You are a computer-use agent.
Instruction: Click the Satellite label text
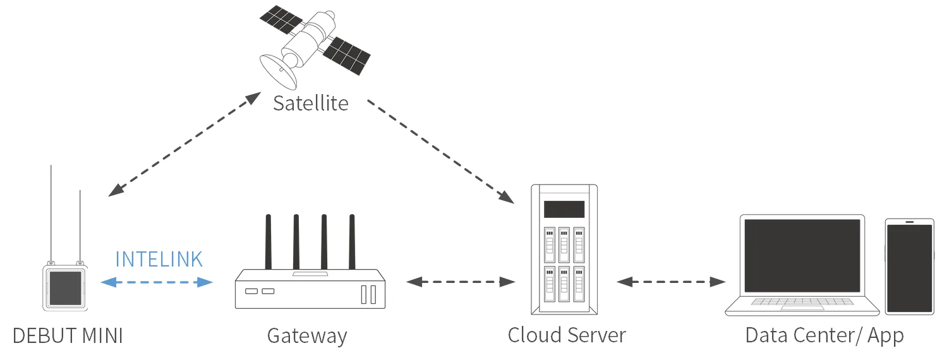310,102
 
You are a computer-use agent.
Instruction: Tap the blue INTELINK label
159,259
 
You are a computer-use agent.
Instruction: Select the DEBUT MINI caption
68,335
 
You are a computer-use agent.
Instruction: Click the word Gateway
307,335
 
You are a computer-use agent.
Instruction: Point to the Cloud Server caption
567,335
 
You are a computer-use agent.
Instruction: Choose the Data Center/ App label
824,335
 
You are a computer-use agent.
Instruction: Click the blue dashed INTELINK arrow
157,282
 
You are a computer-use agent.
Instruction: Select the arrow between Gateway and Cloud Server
461,282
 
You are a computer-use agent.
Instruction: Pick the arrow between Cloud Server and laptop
671,282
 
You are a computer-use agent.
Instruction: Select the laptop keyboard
801,302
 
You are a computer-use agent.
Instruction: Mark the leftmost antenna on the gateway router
268,242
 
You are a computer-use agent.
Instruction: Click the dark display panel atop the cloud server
564,209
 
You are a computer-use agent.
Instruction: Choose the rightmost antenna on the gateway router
353,242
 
